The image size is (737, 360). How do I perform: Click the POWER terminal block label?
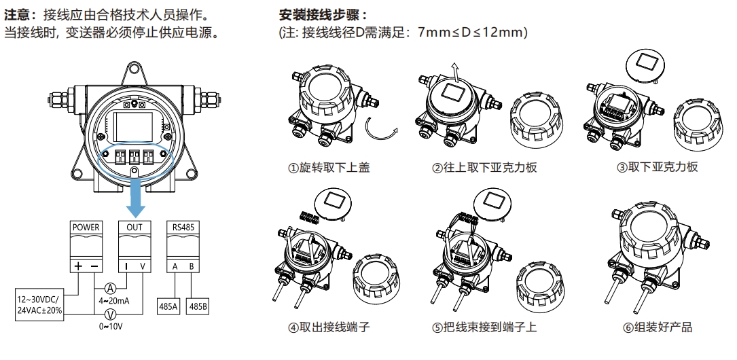coord(86,227)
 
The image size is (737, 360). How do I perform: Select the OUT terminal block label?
coord(134,227)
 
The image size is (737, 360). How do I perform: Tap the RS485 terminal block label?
coord(182,227)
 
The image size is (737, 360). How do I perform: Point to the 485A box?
coord(168,307)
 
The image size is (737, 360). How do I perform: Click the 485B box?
coord(198,307)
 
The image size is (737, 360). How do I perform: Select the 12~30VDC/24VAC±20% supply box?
coord(39,305)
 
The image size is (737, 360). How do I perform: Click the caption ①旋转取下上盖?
coord(329,167)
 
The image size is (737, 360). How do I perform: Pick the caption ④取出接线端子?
coord(329,327)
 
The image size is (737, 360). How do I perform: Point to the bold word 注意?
coord(18,14)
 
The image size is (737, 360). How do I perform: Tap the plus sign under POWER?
coord(78,266)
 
